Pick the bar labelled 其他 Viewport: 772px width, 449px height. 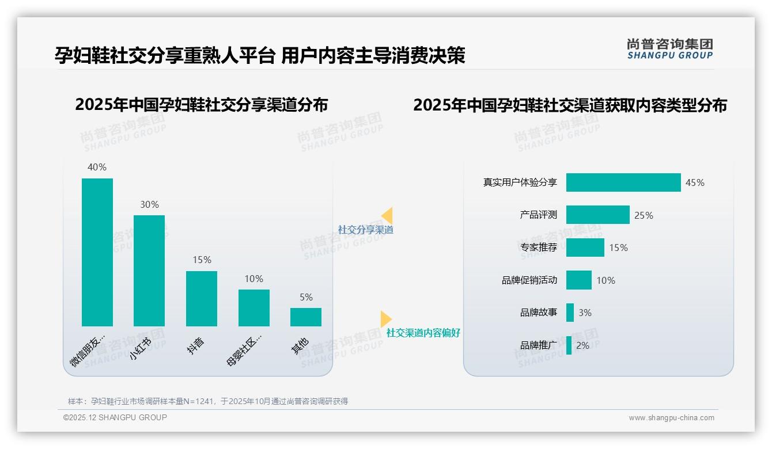point(306,317)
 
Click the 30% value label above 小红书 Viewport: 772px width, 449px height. point(149,204)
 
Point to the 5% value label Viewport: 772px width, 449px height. point(306,297)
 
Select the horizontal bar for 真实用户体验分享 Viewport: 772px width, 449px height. point(623,182)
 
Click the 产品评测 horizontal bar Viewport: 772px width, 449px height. point(597,215)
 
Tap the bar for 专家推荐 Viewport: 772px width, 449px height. point(585,248)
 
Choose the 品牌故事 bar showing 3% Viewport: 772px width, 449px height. point(570,313)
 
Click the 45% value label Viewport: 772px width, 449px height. point(695,182)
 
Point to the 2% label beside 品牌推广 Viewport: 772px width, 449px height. point(582,345)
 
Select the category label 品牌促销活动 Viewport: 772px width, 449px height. point(529,280)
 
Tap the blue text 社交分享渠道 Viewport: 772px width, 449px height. point(366,230)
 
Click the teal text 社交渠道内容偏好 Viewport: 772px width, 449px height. point(423,333)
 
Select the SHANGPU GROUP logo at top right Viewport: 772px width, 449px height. point(669,49)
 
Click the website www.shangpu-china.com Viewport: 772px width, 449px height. point(671,418)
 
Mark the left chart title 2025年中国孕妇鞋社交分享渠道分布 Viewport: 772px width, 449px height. point(201,105)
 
